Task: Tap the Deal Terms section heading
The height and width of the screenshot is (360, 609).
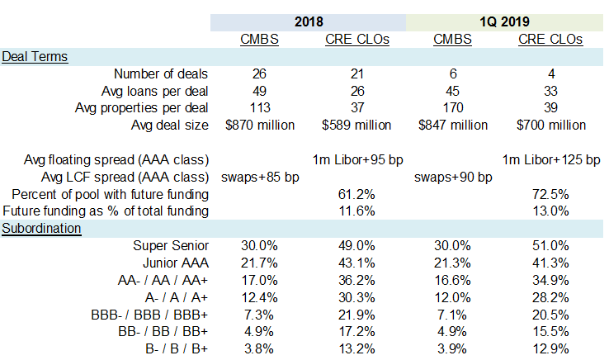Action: pos(35,56)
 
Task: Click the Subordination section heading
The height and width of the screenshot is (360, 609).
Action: pos(41,228)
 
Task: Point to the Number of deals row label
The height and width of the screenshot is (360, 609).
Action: pos(160,73)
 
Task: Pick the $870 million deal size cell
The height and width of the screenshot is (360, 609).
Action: pos(256,125)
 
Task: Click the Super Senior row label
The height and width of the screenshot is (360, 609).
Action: pos(169,245)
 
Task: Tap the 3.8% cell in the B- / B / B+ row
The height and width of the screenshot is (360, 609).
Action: pos(256,348)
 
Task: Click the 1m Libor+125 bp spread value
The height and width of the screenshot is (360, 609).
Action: pos(551,159)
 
